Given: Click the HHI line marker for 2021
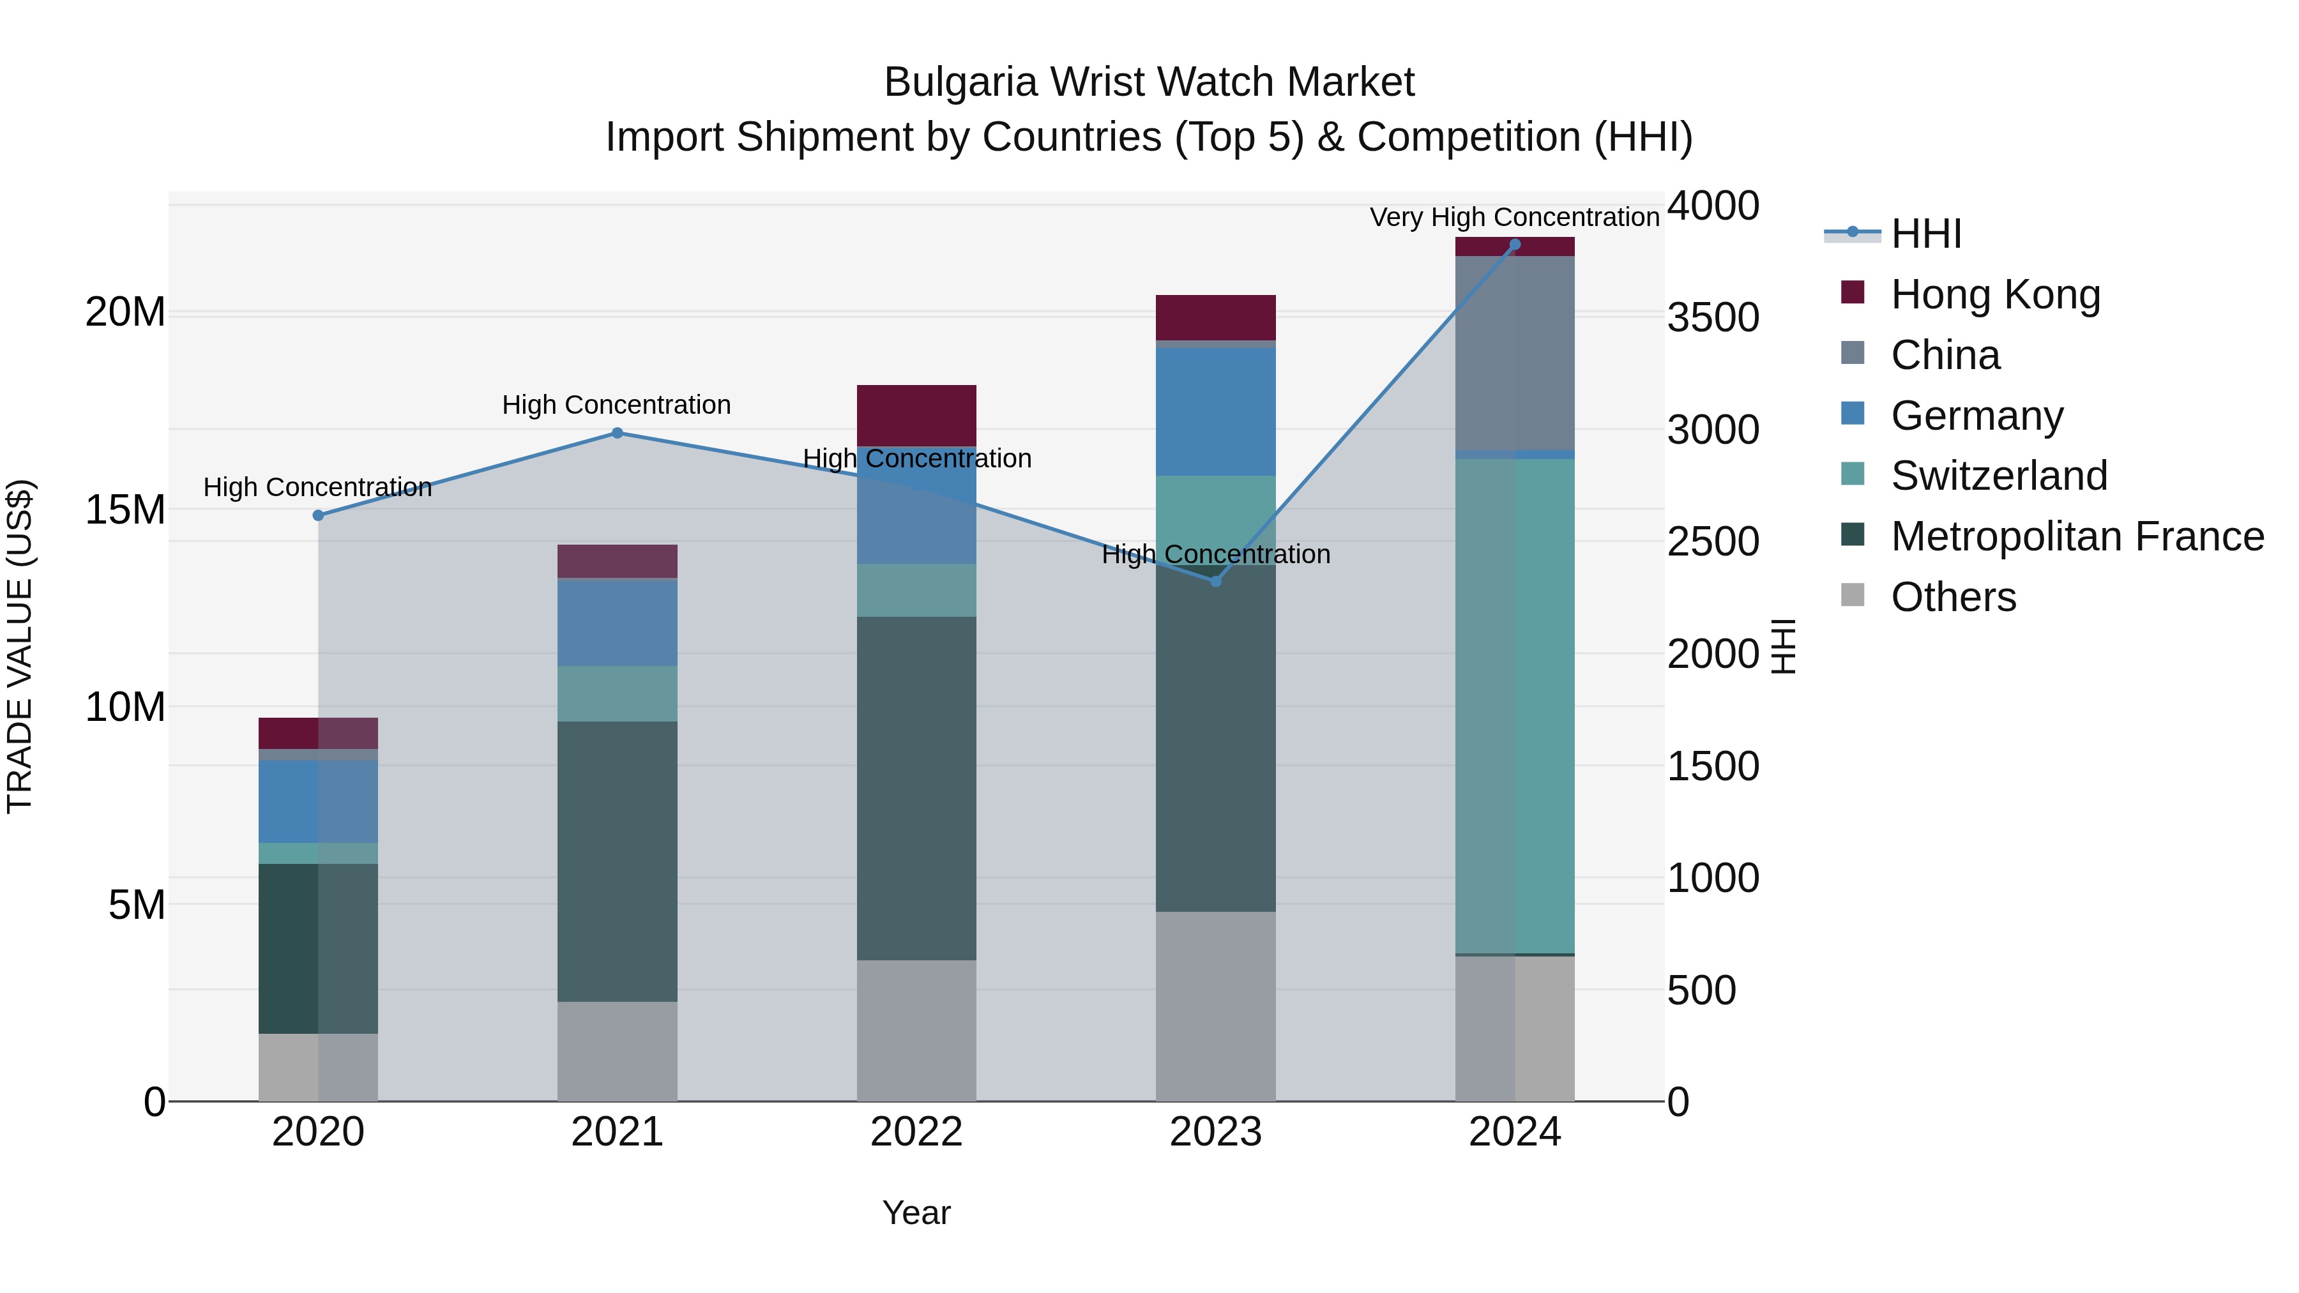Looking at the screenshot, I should click(617, 433).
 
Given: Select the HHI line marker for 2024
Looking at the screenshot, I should click(1515, 245).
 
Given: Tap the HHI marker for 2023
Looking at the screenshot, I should click(1215, 581).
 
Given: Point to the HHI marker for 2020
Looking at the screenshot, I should click(318, 515).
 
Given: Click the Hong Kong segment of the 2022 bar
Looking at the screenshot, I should click(916, 415).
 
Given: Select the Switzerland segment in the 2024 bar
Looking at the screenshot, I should click(1515, 705).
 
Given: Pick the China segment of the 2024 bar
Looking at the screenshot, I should click(1515, 352).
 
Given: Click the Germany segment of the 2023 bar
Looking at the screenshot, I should click(1215, 411).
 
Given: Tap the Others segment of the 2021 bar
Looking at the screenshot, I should click(617, 1050).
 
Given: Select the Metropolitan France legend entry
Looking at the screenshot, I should click(2076, 536).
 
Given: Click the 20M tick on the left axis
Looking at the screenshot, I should click(125, 312).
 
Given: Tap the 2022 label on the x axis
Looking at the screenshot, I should click(916, 1132).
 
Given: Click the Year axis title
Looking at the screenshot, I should click(916, 1213).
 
